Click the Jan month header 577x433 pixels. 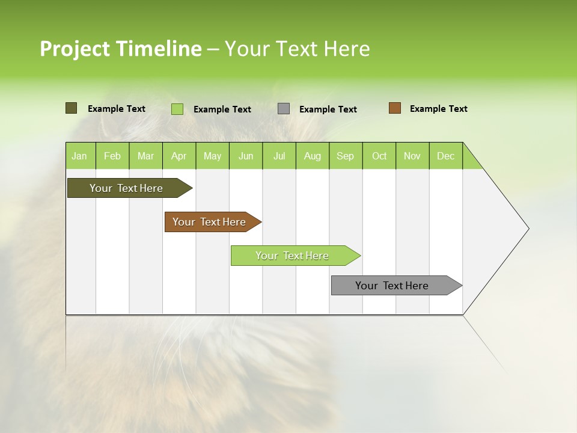click(x=80, y=156)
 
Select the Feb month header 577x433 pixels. click(x=112, y=156)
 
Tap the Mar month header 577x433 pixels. click(x=145, y=156)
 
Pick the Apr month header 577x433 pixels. click(x=179, y=156)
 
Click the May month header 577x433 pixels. click(x=212, y=156)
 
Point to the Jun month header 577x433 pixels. click(x=246, y=156)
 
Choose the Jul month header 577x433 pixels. click(x=279, y=156)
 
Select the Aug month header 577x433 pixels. click(x=313, y=156)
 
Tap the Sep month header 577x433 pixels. click(x=346, y=156)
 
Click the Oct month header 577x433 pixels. click(x=379, y=156)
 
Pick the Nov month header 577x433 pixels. click(x=412, y=156)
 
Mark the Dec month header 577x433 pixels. click(x=446, y=156)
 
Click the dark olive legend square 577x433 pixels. click(x=72, y=108)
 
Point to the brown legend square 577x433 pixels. click(x=395, y=108)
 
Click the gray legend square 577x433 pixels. click(x=284, y=109)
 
